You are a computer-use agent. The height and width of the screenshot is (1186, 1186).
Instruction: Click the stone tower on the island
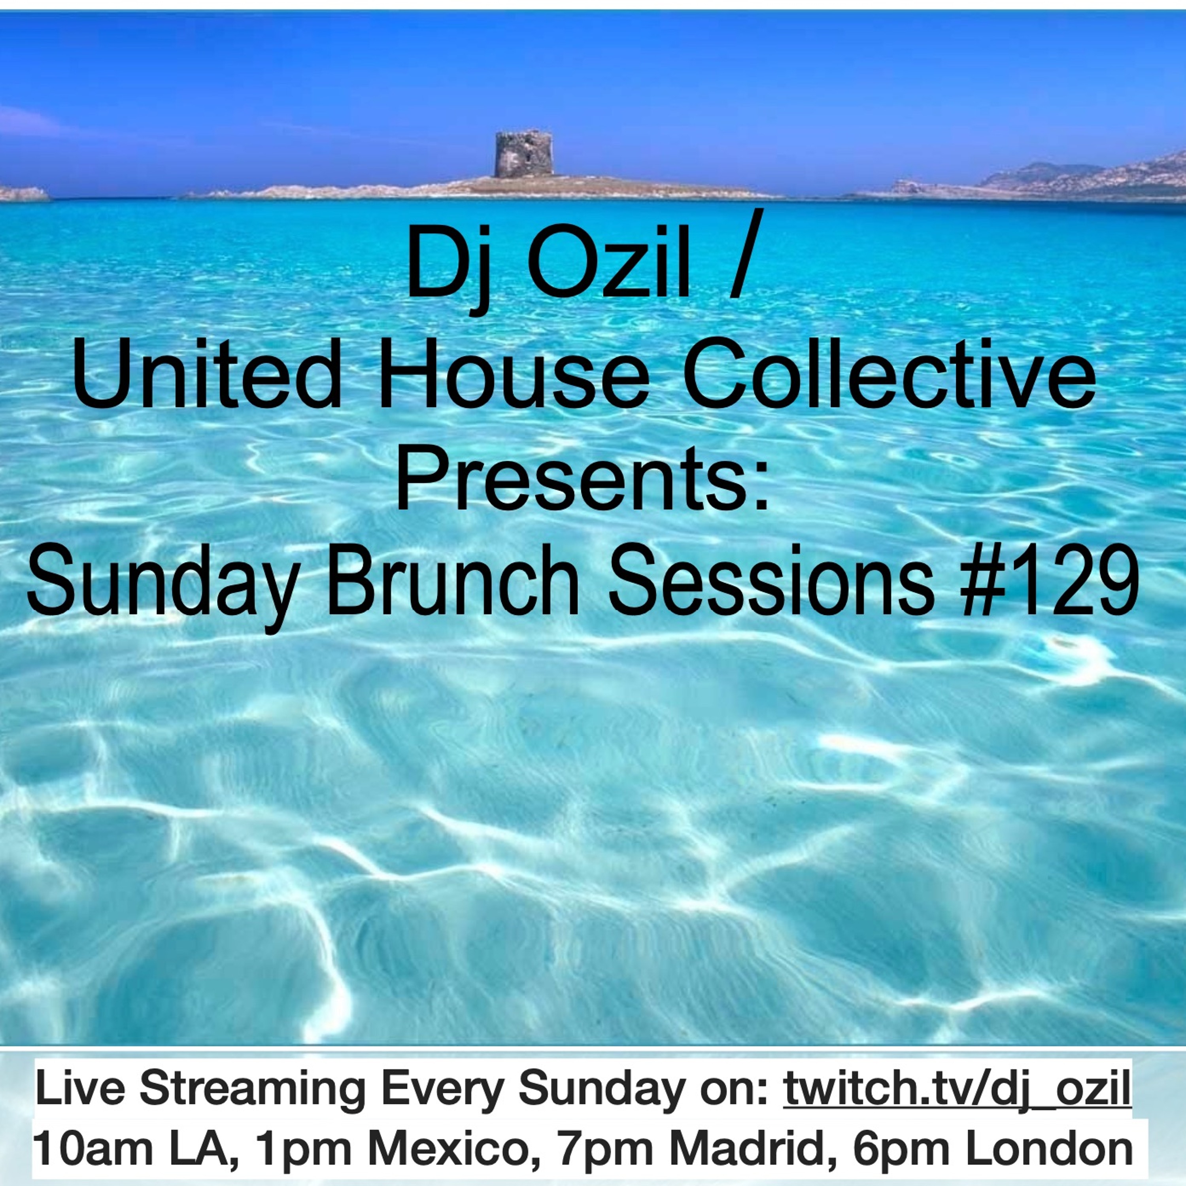click(524, 155)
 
